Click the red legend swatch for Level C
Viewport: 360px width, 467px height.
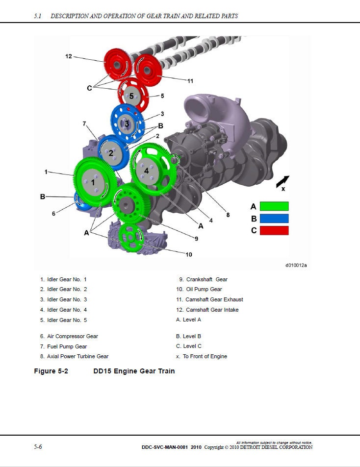click(x=274, y=230)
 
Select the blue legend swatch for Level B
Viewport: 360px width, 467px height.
click(x=274, y=219)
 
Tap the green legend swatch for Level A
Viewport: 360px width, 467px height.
click(x=274, y=206)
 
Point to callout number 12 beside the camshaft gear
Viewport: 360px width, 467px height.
click(x=69, y=57)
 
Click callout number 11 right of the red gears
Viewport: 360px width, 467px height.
click(x=191, y=80)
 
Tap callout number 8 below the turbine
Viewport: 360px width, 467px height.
click(x=228, y=214)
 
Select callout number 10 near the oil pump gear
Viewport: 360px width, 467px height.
click(x=189, y=254)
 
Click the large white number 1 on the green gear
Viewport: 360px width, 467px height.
click(x=93, y=182)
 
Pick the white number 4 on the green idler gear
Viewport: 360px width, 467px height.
click(x=146, y=171)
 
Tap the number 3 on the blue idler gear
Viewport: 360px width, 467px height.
click(x=127, y=124)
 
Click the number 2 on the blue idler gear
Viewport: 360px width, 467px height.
click(x=111, y=153)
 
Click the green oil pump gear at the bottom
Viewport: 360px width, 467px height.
click(x=131, y=238)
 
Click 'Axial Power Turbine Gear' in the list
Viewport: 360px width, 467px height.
click(x=77, y=356)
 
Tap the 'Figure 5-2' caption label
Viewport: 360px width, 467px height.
click(x=51, y=371)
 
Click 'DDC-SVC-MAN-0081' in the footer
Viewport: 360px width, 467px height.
click(x=164, y=447)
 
